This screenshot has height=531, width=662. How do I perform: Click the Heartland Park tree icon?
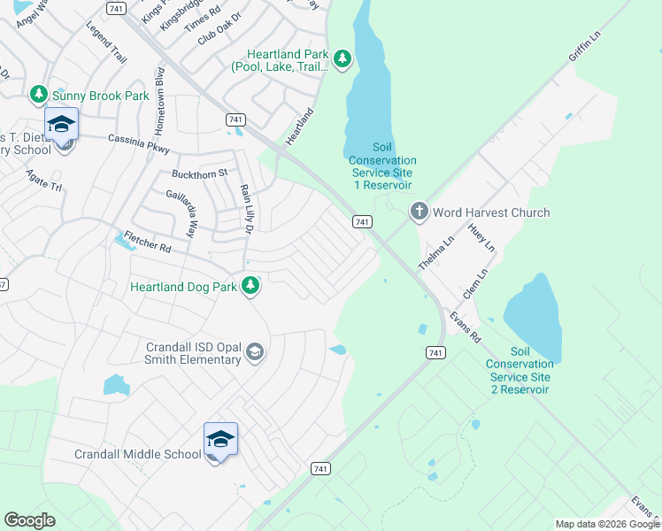[343, 59]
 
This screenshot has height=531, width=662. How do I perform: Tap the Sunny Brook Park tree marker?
[38, 94]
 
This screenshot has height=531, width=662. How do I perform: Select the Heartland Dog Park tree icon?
[251, 286]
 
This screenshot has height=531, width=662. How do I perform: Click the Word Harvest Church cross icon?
[419, 212]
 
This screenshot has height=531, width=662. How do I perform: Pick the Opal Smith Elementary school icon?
[255, 353]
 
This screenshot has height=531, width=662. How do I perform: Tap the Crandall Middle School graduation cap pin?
[220, 439]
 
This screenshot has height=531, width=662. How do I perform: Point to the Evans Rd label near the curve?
[465, 326]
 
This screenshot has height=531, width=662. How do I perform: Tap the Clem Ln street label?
[475, 284]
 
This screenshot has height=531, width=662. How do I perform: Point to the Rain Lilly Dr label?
[247, 209]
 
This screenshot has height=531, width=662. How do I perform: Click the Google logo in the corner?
[30, 520]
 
